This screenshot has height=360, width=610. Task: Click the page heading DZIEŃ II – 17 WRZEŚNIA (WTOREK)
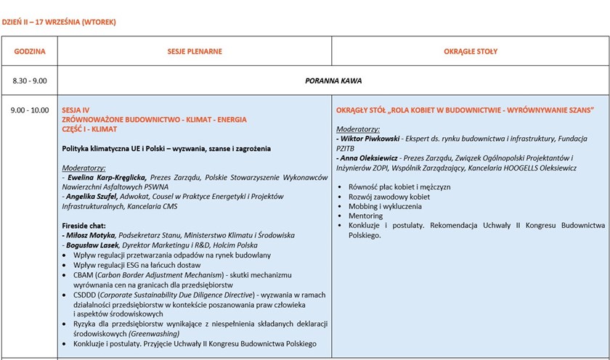pyautogui.click(x=59, y=22)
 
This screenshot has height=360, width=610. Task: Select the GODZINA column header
pyautogui.click(x=30, y=52)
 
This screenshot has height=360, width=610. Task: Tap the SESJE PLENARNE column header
pyautogui.click(x=195, y=52)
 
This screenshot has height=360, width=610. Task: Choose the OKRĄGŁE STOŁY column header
pyautogui.click(x=471, y=52)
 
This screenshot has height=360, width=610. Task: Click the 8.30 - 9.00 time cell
pyautogui.click(x=30, y=81)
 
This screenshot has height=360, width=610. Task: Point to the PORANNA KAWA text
pyautogui.click(x=333, y=81)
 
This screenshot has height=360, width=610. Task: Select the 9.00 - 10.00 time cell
pyautogui.click(x=30, y=110)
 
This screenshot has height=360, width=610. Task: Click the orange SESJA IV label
pyautogui.click(x=76, y=110)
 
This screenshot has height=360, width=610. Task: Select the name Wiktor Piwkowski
pyautogui.click(x=369, y=138)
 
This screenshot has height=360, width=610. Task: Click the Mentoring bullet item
pyautogui.click(x=365, y=216)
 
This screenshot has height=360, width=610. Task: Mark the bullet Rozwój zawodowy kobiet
pyautogui.click(x=389, y=197)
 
